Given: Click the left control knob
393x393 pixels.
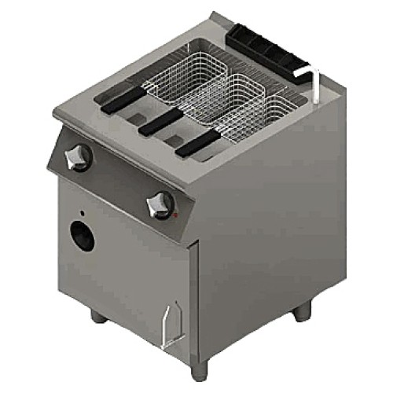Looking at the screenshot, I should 79,157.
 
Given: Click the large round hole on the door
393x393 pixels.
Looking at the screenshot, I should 82,235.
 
